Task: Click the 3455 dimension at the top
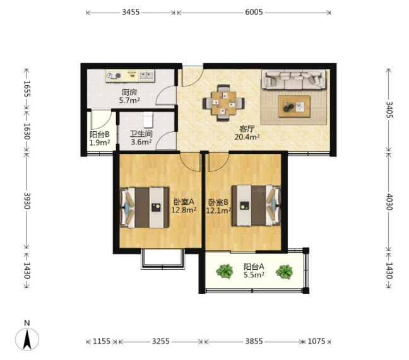(131, 12)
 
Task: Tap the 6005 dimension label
(254, 12)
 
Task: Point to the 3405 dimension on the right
(389, 110)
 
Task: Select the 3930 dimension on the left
(27, 200)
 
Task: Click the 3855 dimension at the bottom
(254, 341)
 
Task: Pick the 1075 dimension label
(316, 341)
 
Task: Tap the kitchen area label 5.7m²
(129, 100)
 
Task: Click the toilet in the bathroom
(148, 120)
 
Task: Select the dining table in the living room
(224, 103)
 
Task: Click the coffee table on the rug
(294, 107)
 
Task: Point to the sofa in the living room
(294, 79)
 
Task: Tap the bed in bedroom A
(145, 207)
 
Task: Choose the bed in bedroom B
(256, 206)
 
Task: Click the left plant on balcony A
(225, 271)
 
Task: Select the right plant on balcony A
(284, 272)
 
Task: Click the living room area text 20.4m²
(247, 137)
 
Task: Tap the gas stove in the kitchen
(114, 75)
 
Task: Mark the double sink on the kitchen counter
(146, 75)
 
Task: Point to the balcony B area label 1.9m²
(99, 142)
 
